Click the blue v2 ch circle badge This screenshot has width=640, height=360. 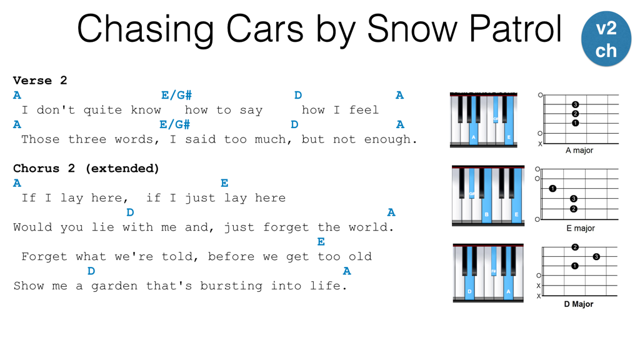coord(606,39)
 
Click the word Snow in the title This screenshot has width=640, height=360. coord(412,29)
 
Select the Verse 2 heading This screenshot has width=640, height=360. coord(40,81)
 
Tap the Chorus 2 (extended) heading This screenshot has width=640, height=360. coord(86,168)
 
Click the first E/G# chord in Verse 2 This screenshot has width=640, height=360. coord(176,95)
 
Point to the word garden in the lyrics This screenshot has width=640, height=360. coord(114,286)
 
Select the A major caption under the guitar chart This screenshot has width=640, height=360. coord(579,151)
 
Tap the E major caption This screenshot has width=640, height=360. coord(581,228)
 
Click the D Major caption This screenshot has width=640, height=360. coord(579,304)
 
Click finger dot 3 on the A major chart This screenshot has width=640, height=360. coord(575,104)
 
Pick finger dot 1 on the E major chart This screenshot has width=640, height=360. coord(552,189)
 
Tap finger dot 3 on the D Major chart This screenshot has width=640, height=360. coord(596,257)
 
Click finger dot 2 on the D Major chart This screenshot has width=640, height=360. coord(575,247)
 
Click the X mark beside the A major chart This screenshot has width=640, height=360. coord(540,144)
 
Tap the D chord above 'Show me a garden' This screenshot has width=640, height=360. coord(91,271)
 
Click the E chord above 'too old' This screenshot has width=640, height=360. coord(321,242)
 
